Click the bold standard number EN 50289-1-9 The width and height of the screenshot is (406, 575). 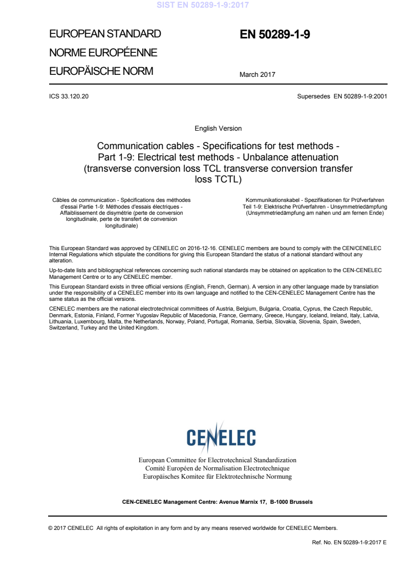coord(275,35)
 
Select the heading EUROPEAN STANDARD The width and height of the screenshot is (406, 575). coord(105,34)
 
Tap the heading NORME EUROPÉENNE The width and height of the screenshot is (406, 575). coord(103,53)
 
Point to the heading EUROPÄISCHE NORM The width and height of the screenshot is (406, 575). coord(101,71)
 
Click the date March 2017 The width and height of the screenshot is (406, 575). coord(257,75)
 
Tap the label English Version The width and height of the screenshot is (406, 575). coord(218,128)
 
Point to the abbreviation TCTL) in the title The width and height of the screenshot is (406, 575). coord(226,180)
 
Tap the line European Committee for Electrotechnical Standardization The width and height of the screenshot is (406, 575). coord(218,460)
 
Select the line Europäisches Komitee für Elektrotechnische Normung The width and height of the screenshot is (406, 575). coord(218,477)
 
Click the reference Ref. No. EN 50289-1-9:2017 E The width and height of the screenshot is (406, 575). coord(349,542)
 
